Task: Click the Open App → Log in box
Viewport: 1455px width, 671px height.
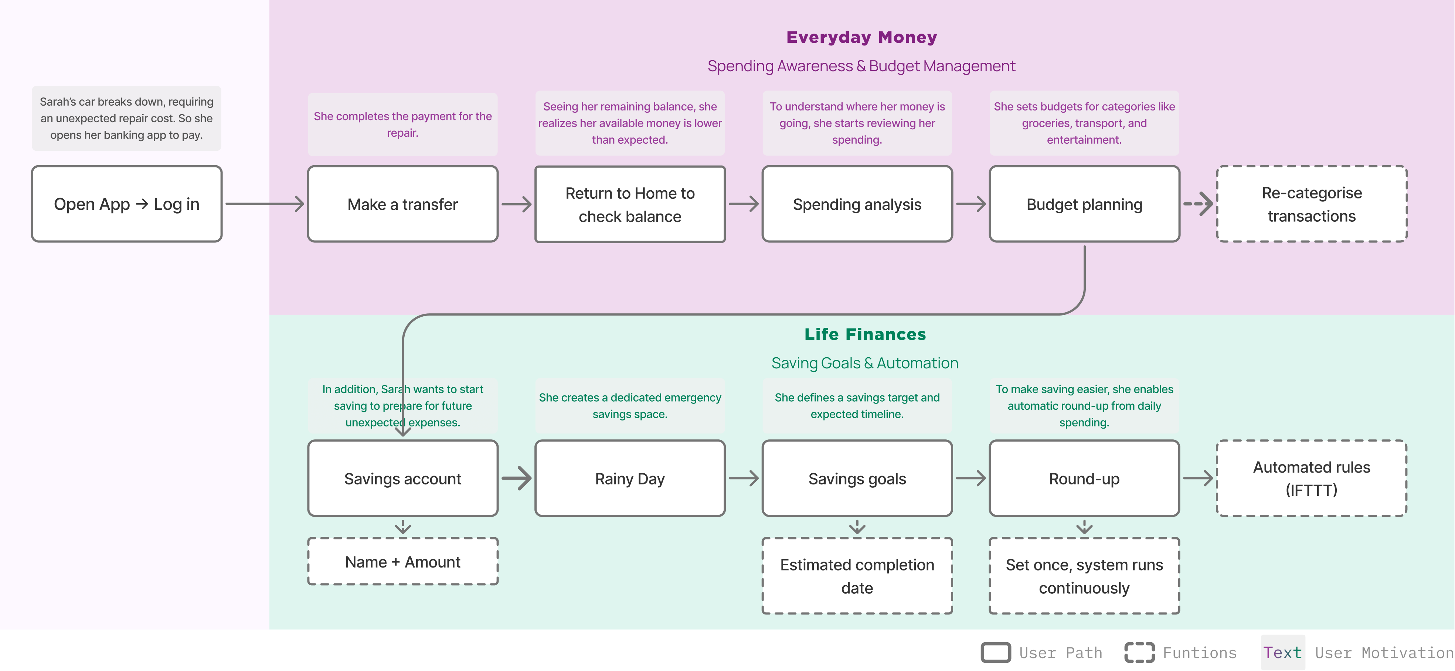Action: coord(126,204)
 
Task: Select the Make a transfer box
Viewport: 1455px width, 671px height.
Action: coord(403,204)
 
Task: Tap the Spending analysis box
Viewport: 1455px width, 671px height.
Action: coord(857,204)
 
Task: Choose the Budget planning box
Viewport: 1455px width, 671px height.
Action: coord(1084,204)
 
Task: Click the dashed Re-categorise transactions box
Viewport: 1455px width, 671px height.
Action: coord(1312,204)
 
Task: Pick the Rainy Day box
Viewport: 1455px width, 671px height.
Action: coord(630,478)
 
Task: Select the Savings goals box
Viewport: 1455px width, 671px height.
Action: coord(857,478)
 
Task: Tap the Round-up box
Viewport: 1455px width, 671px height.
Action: coord(1084,478)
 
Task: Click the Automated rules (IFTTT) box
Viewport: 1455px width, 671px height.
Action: coord(1312,478)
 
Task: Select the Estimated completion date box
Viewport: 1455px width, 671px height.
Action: coord(857,576)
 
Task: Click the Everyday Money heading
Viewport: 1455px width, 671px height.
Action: coord(861,37)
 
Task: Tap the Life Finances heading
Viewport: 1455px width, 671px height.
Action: coord(865,334)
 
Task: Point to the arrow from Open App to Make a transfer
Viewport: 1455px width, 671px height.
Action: coord(264,204)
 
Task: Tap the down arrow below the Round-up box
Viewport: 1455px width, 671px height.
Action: coord(1084,527)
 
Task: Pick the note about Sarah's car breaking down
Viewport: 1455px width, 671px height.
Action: coord(126,118)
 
